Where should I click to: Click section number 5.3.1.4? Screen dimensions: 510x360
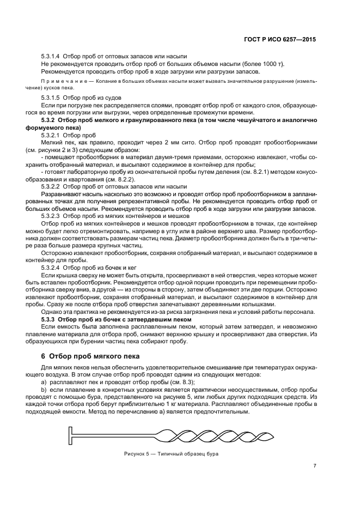(x=50, y=57)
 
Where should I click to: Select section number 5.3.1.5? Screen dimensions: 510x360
(x=50, y=97)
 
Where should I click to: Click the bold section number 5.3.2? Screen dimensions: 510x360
(x=50, y=120)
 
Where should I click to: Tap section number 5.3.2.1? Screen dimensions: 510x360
(x=50, y=135)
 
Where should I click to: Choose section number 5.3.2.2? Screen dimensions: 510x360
(x=50, y=186)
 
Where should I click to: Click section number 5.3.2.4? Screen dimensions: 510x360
(x=50, y=268)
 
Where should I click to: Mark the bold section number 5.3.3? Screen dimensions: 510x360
(x=50, y=319)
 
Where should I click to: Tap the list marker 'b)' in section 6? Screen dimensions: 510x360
(x=44, y=390)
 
